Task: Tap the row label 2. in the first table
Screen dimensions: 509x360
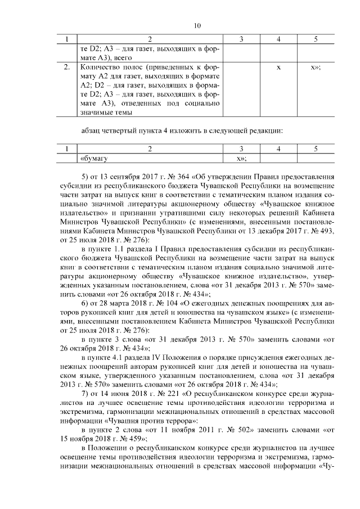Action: click(x=67, y=67)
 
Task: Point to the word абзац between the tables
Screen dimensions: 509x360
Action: click(x=92, y=132)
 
